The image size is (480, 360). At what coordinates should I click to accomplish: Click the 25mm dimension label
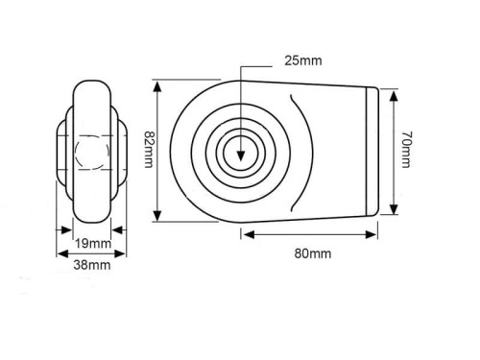coord(303,60)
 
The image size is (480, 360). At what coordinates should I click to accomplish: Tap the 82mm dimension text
coord(149,149)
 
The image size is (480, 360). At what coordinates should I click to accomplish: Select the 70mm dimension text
coord(405,149)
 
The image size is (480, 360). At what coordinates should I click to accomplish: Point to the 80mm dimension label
coord(313,253)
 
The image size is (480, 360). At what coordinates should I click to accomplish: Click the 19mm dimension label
coord(93,244)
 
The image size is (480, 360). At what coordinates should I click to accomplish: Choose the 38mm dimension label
coord(92,265)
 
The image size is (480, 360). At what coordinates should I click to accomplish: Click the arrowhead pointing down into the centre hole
coord(241,156)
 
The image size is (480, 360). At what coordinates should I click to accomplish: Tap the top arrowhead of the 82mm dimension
coord(157,86)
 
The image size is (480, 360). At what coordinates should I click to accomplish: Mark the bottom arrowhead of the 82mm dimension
coord(157,215)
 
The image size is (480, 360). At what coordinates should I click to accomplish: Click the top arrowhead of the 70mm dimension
coord(395,95)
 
